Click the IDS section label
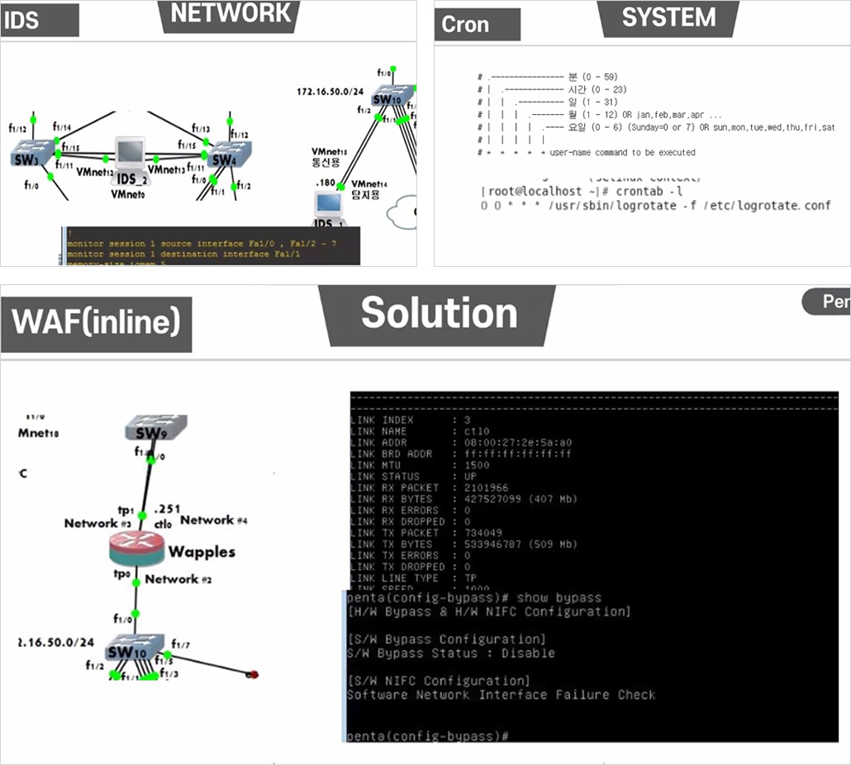point(21,21)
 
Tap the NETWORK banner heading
point(231,13)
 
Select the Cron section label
point(465,25)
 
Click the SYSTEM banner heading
point(668,17)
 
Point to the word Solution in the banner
point(439,313)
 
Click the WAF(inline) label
point(96,321)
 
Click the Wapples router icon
point(137,549)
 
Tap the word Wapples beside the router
point(202,552)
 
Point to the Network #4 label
point(214,520)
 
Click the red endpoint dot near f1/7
point(254,674)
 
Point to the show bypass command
point(559,597)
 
